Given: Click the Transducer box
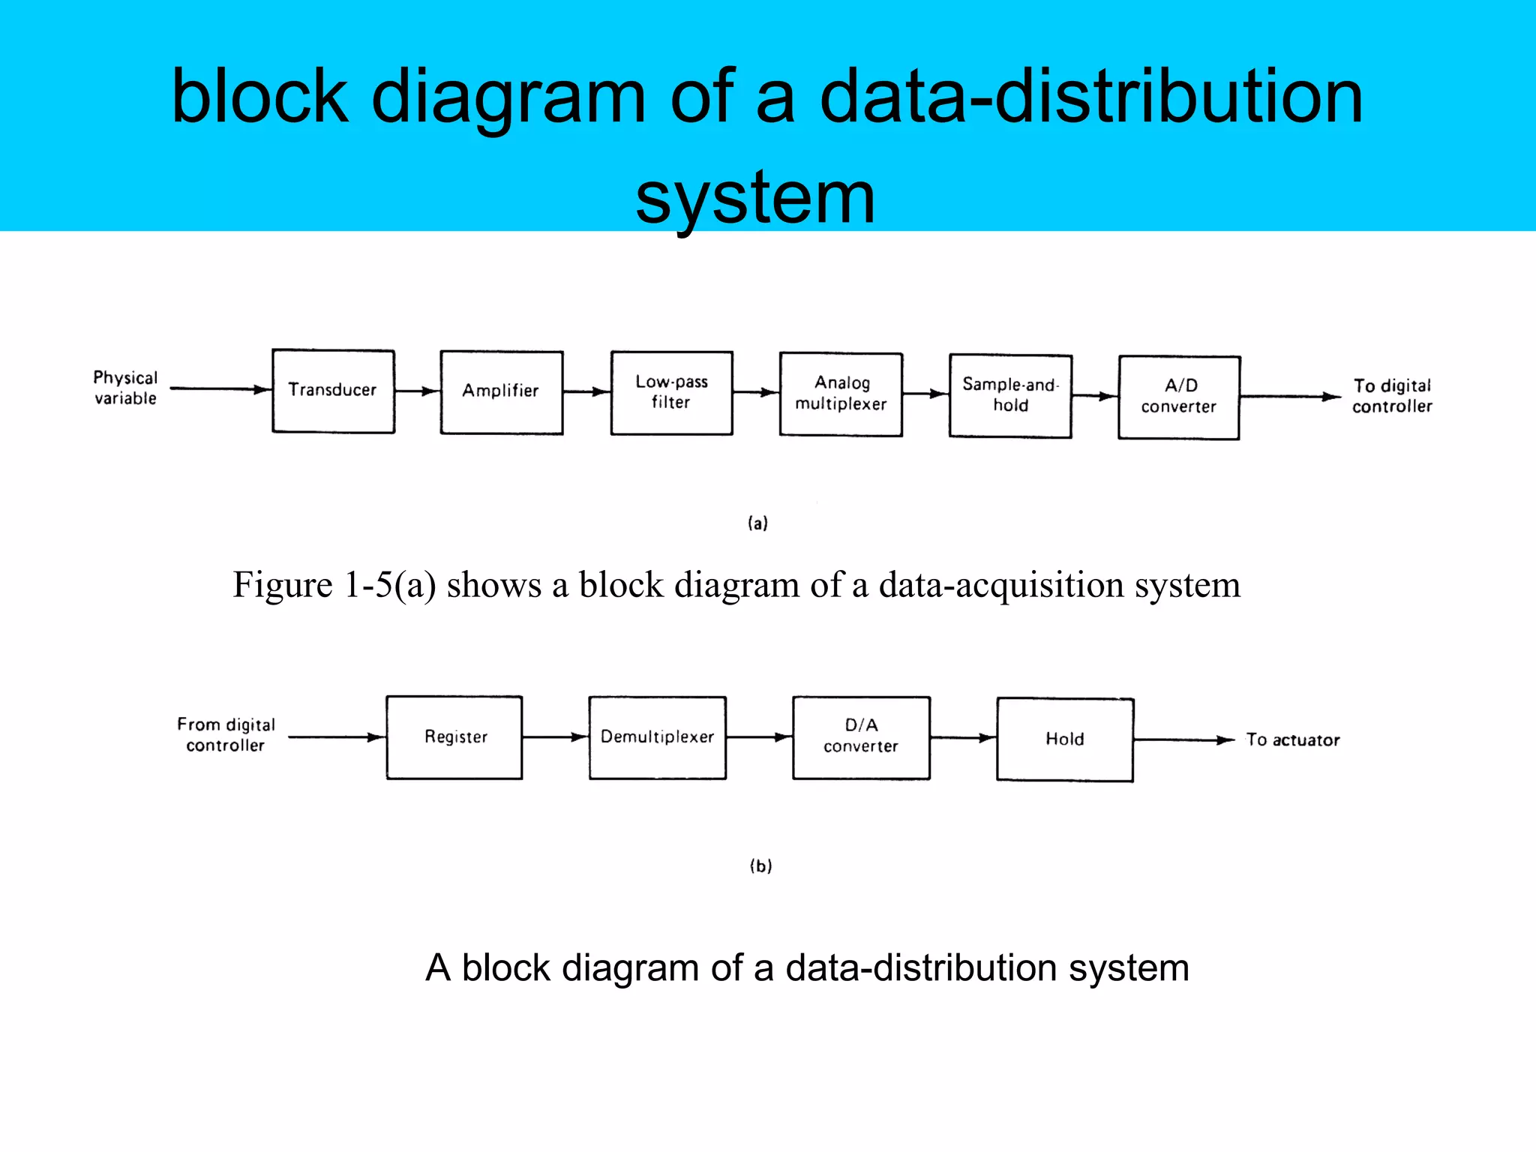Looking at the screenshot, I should click(333, 391).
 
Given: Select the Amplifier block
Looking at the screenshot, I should click(501, 392).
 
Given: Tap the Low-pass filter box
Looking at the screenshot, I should click(671, 393).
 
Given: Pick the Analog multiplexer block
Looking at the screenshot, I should click(841, 394).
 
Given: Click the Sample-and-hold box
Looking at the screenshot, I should click(1010, 396).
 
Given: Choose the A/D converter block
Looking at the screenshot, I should click(1179, 397).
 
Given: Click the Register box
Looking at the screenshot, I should click(454, 738).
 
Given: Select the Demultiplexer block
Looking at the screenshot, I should click(657, 738).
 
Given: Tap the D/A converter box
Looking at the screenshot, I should click(861, 738).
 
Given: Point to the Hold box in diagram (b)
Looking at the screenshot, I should click(1065, 739).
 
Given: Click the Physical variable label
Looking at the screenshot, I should click(125, 388).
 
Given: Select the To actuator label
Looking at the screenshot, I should click(1293, 740).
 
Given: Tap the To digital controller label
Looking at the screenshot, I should click(1392, 396).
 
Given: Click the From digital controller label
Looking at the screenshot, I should click(226, 735).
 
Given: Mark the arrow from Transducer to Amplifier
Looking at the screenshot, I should click(417, 391).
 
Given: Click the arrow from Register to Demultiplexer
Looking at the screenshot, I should click(555, 737).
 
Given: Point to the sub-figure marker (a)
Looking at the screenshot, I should click(757, 523).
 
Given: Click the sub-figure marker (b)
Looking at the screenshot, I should click(760, 866).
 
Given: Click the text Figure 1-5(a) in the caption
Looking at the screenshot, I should click(334, 585).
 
